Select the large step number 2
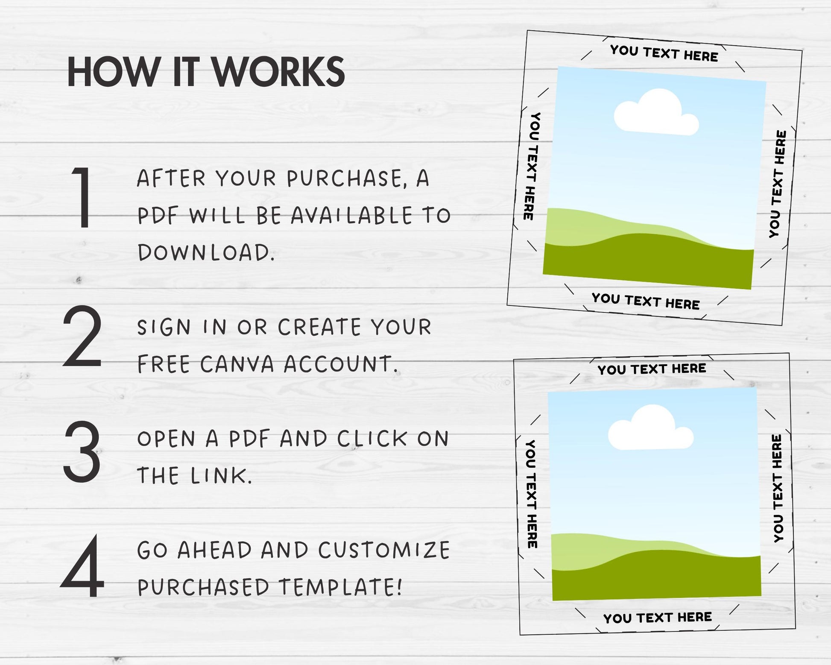click(x=82, y=336)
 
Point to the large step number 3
click(x=82, y=451)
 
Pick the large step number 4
click(x=82, y=566)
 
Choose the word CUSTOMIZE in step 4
click(x=384, y=550)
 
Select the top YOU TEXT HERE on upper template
click(x=664, y=54)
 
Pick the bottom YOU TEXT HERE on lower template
click(x=658, y=618)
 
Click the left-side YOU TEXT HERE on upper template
click(x=532, y=166)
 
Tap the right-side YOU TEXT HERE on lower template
click(x=778, y=489)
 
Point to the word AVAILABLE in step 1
click(x=352, y=216)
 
